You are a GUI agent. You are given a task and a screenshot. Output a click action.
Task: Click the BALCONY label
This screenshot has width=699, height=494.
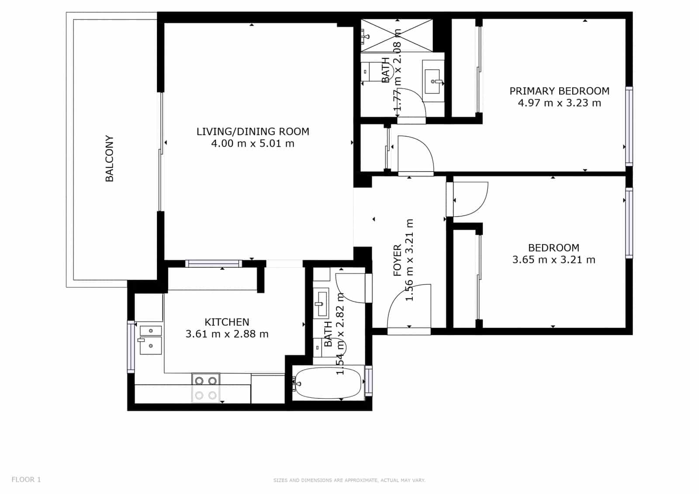(x=110, y=158)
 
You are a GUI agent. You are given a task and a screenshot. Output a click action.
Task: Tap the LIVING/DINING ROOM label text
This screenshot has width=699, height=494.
(x=253, y=131)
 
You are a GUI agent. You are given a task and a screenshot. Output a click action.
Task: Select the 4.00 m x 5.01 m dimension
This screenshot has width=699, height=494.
(x=253, y=144)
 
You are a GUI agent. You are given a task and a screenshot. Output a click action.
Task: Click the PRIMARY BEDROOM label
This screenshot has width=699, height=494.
(x=559, y=91)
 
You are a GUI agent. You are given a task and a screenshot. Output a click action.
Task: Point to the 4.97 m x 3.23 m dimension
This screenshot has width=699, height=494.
(x=559, y=104)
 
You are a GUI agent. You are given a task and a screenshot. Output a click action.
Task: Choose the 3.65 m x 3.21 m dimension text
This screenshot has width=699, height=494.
(x=554, y=260)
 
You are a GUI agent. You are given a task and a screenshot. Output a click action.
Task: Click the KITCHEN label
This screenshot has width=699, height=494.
(x=227, y=322)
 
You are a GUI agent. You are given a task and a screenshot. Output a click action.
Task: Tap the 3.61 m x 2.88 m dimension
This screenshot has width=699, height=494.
(x=227, y=334)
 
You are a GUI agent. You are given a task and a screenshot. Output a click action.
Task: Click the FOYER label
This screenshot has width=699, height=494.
(x=398, y=260)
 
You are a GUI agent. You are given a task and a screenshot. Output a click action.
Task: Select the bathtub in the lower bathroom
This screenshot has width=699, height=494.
(x=329, y=383)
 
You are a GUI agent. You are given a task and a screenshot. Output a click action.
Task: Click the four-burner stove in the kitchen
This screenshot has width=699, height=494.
(x=206, y=388)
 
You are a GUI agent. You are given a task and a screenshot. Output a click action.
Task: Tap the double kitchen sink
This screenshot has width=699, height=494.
(x=150, y=340)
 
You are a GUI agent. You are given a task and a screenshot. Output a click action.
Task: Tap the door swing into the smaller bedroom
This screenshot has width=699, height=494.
(x=470, y=199)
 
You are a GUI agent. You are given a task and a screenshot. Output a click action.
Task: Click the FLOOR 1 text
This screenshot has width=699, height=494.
(x=26, y=480)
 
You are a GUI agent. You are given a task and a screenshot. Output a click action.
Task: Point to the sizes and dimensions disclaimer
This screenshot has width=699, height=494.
(x=349, y=480)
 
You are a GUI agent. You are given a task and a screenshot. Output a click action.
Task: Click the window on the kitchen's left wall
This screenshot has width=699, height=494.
(x=131, y=347)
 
